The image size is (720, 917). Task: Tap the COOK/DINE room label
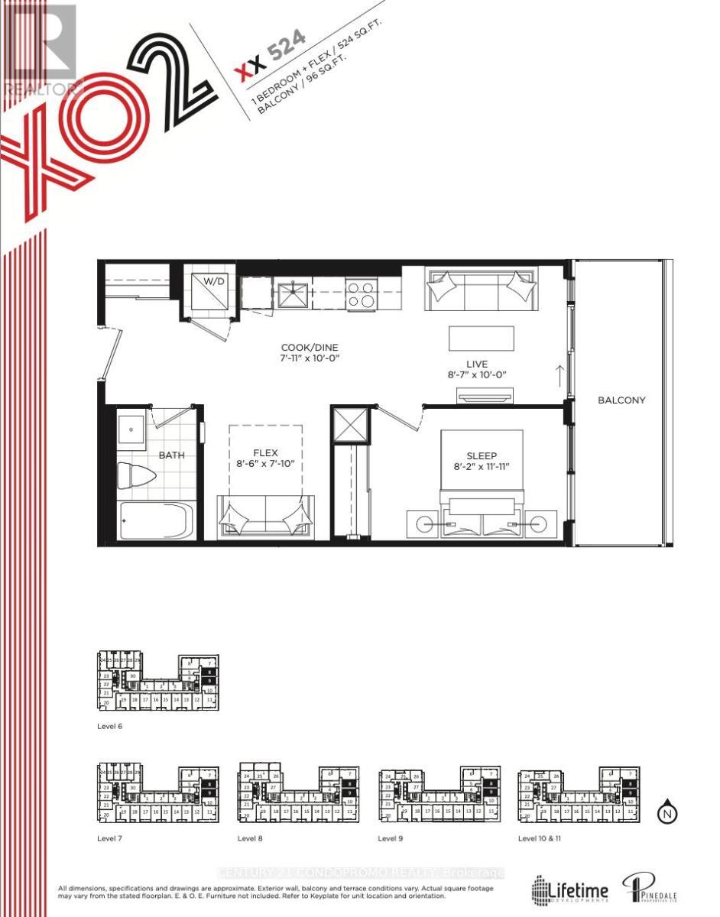309,345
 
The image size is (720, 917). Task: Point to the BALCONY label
621,400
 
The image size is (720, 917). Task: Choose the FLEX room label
265,452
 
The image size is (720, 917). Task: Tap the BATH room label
171,455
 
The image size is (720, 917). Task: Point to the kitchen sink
293,292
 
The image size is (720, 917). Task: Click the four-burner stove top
362,293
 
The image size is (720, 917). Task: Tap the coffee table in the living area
482,338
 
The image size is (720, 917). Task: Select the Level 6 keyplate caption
110,726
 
